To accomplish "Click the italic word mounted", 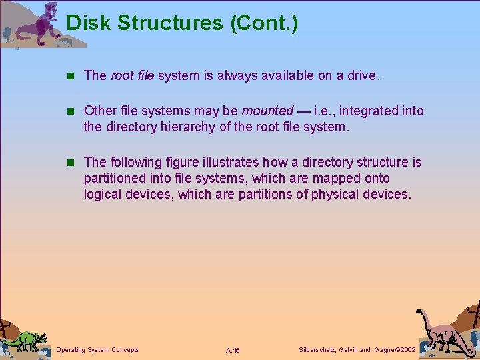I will (267, 111).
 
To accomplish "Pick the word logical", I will (102, 194).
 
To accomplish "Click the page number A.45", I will (233, 350).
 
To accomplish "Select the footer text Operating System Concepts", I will (98, 350).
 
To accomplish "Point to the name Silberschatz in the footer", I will (317, 350).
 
